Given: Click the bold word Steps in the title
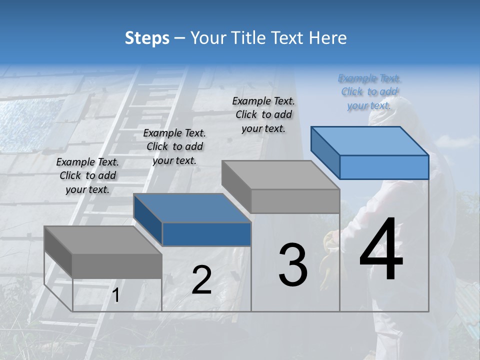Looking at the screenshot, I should [147, 38].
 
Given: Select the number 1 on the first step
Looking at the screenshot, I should [116, 295].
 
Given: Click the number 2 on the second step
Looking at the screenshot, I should [201, 280].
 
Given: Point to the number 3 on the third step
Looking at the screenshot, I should [293, 265].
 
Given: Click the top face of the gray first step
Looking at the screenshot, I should [102, 240].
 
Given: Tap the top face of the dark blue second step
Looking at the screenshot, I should [192, 208].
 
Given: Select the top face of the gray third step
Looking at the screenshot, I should [280, 175].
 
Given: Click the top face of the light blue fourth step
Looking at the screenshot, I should [370, 141].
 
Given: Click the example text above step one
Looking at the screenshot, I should [87, 175].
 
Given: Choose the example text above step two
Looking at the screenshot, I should [174, 146].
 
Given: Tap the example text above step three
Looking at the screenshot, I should [263, 114].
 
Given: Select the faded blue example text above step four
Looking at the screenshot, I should [369, 91].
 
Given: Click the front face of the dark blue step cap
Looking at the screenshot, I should [206, 234].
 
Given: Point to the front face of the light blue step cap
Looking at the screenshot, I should [384, 167].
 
